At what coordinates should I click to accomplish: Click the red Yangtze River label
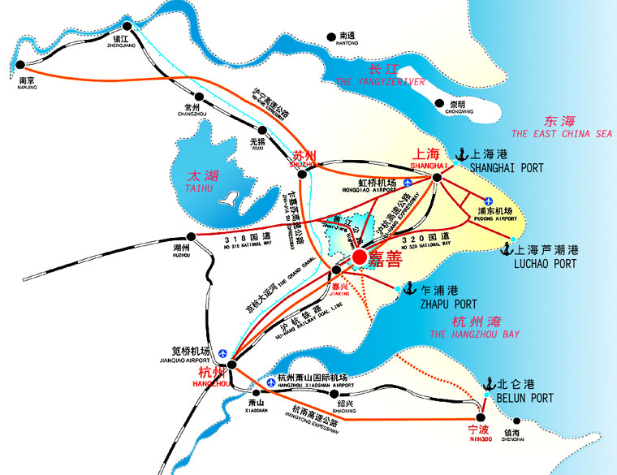point(380,75)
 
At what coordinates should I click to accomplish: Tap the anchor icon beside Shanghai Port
point(460,153)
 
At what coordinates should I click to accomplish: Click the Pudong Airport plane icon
point(489,201)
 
